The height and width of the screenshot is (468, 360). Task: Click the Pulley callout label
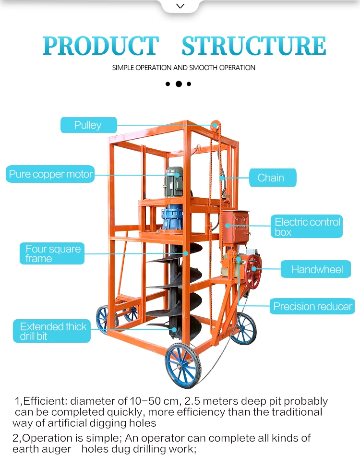(x=88, y=125)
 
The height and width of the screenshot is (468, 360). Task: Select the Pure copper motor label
(x=50, y=174)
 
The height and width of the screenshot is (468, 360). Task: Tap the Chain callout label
(x=272, y=178)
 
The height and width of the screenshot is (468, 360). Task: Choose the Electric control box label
(x=308, y=227)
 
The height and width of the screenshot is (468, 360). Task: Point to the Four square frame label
(x=53, y=253)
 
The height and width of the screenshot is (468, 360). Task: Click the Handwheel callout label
(x=316, y=269)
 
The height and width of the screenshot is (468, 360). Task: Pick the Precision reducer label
(x=312, y=306)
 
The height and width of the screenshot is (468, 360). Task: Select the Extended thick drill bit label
(x=52, y=331)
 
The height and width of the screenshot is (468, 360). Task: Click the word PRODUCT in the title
(x=100, y=46)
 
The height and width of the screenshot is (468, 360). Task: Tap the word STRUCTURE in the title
(x=254, y=46)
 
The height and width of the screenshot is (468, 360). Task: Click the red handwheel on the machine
(x=253, y=272)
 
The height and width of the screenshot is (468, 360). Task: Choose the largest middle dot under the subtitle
(x=179, y=84)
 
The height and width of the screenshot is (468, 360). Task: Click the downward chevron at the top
(x=180, y=6)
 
